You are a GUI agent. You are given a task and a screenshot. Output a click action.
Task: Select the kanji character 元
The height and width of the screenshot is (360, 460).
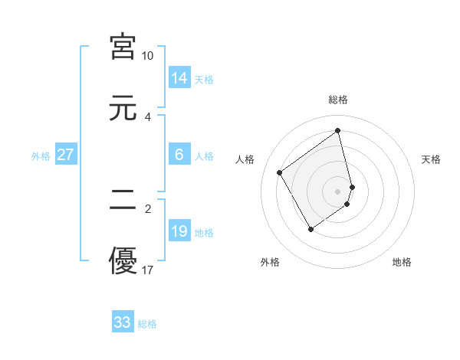point(123,107)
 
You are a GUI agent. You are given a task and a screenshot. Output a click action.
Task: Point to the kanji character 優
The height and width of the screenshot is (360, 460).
point(123,260)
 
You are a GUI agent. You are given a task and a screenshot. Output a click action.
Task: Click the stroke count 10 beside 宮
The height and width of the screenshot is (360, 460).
point(148,56)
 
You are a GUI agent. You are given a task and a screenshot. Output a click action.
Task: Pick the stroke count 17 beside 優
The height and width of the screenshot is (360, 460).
point(148,270)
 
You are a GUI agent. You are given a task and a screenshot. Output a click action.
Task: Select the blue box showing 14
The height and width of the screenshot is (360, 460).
point(179,78)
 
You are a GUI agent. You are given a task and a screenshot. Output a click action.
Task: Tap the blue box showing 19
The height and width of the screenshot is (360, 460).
point(179,231)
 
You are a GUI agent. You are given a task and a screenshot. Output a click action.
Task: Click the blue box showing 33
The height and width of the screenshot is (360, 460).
point(123,322)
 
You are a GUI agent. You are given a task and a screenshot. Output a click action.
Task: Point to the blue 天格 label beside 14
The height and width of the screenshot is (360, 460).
point(204,80)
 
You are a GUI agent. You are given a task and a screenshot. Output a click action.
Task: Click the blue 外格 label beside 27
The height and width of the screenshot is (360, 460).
point(41,156)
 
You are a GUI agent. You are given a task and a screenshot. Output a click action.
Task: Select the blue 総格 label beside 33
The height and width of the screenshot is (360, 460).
point(147,324)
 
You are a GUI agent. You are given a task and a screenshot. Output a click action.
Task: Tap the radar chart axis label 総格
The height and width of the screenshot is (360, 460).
point(338,100)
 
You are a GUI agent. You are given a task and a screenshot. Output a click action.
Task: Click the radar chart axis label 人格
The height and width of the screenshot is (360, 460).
point(245,159)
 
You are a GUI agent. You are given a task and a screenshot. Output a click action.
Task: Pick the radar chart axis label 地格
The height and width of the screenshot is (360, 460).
point(402,262)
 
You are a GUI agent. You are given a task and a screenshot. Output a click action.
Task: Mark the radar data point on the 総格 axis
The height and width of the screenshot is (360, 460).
point(338,130)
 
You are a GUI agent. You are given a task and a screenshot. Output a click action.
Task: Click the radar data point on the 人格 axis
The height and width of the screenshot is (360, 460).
point(280,172)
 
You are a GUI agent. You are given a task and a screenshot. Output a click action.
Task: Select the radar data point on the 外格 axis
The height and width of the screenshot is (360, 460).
point(310,229)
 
